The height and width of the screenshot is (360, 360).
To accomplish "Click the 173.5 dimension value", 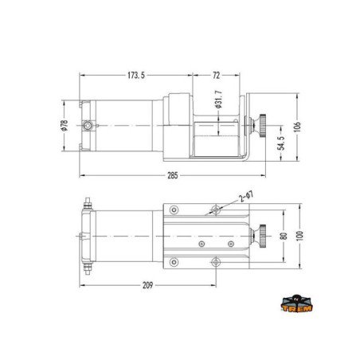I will [135, 76].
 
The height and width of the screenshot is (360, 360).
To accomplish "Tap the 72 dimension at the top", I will [216, 76].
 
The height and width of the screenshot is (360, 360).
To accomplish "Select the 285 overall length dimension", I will [173, 175].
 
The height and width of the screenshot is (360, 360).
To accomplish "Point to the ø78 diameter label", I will [65, 126].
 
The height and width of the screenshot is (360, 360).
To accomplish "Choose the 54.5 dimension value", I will [280, 143].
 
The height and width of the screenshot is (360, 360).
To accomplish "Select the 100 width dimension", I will [299, 237].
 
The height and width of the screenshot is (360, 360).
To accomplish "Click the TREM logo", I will [297, 303].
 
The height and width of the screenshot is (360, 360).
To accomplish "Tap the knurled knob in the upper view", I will [260, 124].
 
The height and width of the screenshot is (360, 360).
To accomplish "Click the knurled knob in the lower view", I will [260, 236].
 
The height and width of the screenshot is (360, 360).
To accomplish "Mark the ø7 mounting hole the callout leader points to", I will [215, 210].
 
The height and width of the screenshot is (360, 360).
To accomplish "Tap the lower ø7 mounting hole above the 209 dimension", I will [215, 261].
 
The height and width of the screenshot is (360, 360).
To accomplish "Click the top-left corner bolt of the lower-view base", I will [174, 210].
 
